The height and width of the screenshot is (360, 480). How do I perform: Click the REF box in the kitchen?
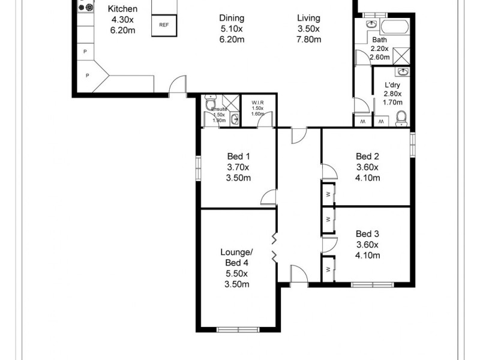[163, 25]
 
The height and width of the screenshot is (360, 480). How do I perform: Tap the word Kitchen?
[122, 9]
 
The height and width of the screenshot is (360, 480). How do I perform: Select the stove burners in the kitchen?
[89, 8]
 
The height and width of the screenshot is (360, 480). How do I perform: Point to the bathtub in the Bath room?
[395, 26]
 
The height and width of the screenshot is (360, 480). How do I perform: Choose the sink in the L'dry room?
[404, 73]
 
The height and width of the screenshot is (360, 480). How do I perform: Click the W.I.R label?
[257, 103]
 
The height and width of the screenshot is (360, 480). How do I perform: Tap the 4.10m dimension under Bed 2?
[368, 178]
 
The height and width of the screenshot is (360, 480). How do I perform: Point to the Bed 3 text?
[367, 233]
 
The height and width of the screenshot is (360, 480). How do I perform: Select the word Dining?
[231, 18]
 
